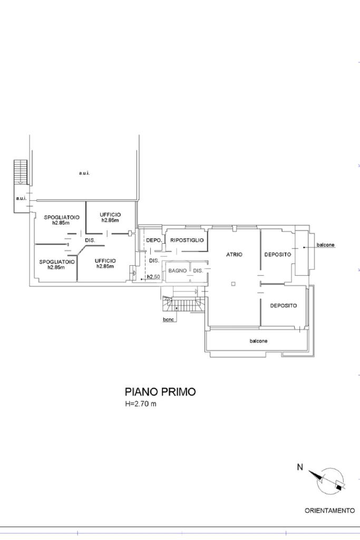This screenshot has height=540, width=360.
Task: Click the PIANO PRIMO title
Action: tap(160, 392)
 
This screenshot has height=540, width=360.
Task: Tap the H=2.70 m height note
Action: tap(140, 403)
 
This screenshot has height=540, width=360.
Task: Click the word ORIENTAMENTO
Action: tap(330, 510)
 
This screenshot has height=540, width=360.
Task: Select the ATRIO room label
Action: tap(234, 255)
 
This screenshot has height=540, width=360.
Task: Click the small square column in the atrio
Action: tap(233, 284)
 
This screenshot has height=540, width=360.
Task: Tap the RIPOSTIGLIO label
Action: tap(187, 240)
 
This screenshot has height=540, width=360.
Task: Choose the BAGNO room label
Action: tap(177, 271)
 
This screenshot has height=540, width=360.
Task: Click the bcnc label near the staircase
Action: tap(169, 320)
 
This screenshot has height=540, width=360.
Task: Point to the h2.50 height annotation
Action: tap(153, 276)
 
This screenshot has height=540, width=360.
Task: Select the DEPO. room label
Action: tap(154, 240)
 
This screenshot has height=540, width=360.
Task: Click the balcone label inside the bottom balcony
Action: tap(258, 341)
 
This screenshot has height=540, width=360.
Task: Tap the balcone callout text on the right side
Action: tap(326, 245)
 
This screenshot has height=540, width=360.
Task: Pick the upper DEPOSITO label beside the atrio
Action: tap(277, 255)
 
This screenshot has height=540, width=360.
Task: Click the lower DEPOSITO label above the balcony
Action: tap(283, 305)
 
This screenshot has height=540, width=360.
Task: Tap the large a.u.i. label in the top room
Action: tap(84, 173)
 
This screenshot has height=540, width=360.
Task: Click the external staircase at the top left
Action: tap(21, 172)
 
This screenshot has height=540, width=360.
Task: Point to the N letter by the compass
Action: tap(300, 467)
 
